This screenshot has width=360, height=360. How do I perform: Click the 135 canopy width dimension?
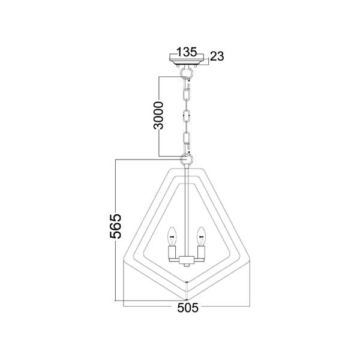(x=187, y=52)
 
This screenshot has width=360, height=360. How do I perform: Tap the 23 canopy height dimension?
(x=217, y=56)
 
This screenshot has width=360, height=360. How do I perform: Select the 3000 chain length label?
(x=158, y=115)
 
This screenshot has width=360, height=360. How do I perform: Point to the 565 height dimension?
(x=115, y=226)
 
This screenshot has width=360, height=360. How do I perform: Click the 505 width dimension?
(x=188, y=308)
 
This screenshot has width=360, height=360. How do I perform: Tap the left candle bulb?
(x=172, y=236)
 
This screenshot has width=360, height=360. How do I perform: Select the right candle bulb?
(x=201, y=236)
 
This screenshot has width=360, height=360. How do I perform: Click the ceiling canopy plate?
(x=187, y=59)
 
